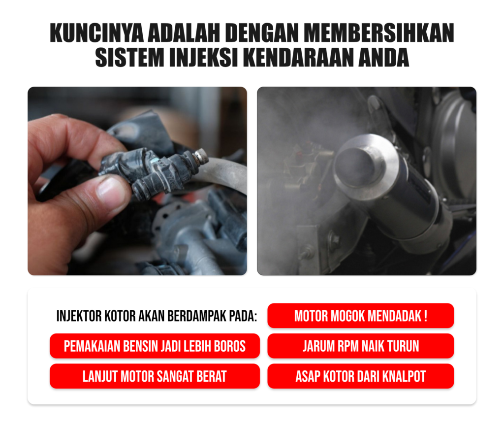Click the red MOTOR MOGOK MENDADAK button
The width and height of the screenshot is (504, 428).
(361, 316)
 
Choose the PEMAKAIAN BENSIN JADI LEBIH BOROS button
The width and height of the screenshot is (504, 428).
(155, 346)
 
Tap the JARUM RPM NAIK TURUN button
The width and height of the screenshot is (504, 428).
(361, 346)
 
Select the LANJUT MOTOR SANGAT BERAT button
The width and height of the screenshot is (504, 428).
(155, 376)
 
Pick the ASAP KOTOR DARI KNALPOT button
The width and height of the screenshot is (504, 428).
(361, 376)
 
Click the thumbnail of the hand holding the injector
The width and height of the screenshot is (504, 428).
(137, 181)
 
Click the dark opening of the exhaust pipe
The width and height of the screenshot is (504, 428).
(355, 165)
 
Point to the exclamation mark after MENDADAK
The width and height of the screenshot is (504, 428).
(426, 316)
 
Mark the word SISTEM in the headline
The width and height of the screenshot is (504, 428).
(129, 58)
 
